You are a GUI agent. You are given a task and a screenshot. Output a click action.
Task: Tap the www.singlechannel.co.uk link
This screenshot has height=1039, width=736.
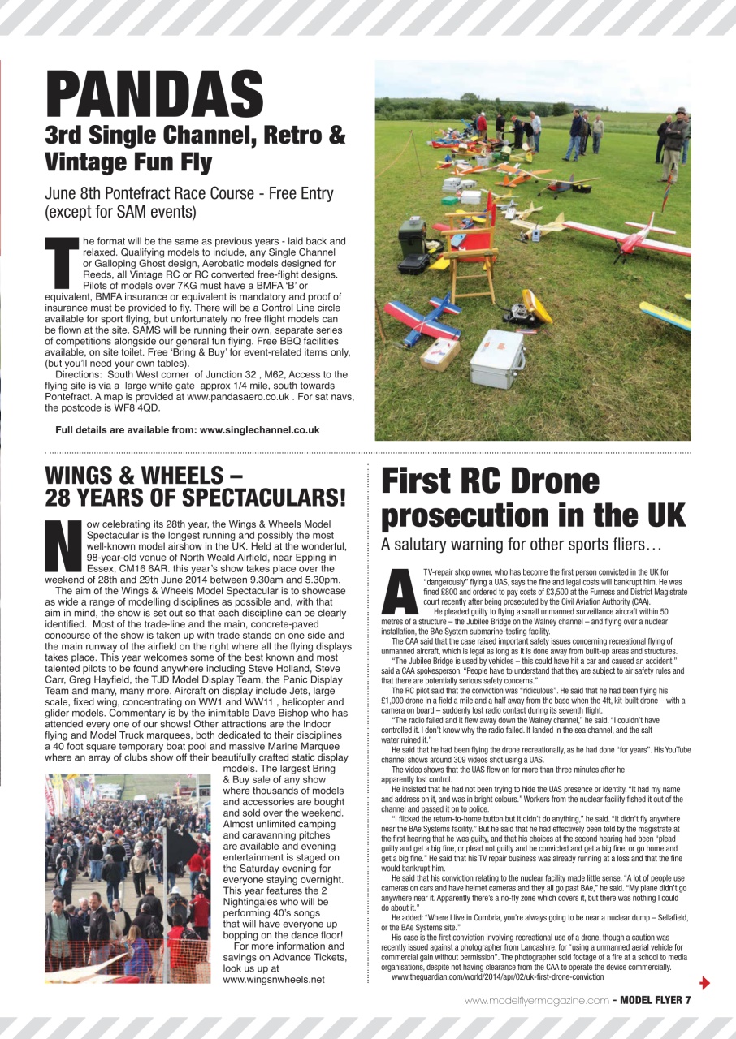(x=259, y=429)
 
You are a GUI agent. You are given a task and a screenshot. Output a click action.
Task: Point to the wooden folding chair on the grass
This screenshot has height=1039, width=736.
(x=465, y=243)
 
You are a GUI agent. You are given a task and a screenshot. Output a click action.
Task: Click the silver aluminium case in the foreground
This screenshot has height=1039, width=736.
(x=496, y=358)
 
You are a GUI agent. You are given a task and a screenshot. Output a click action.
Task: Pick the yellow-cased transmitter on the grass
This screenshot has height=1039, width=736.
(x=536, y=306)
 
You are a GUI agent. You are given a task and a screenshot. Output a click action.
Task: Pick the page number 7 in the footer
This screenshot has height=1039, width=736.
(x=686, y=1000)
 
